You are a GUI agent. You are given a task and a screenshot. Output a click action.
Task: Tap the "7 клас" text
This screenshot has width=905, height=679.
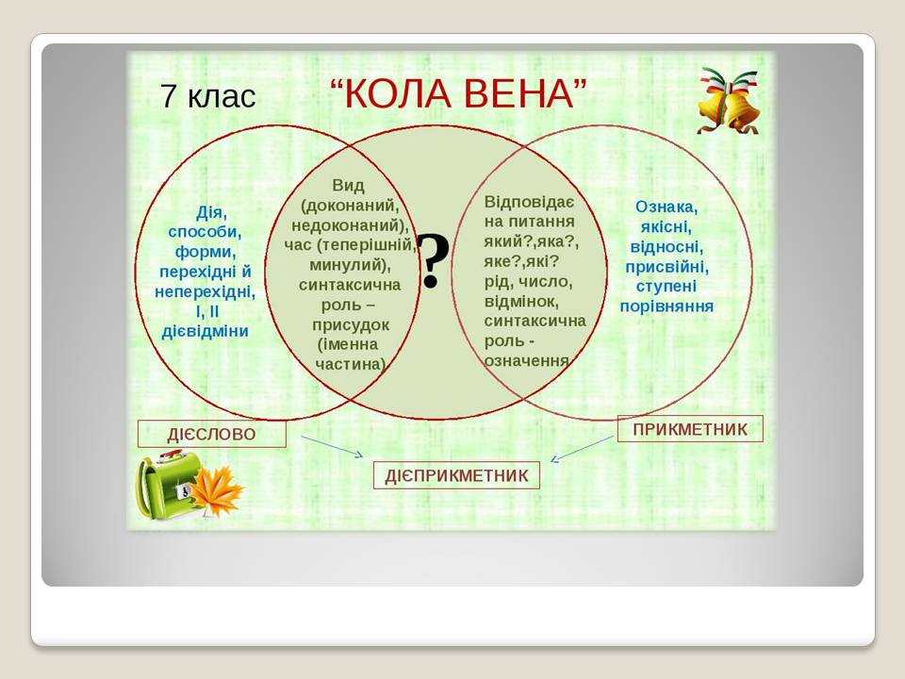point(208,96)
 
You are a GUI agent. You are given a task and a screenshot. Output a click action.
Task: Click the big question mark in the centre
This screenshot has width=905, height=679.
point(432,261)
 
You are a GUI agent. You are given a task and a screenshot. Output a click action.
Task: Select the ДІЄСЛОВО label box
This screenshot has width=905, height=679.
point(211,434)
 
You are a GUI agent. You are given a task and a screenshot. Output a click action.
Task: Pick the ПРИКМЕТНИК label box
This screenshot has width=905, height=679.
point(690,429)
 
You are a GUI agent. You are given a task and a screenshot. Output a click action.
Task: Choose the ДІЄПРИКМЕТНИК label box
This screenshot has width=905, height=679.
point(456,475)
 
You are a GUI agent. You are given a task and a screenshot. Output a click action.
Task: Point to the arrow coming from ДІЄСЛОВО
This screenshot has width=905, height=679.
point(332,446)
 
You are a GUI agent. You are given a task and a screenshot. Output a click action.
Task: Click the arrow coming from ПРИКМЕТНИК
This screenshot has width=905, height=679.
point(581,448)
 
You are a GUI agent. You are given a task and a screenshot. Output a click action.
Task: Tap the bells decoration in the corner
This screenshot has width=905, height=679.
point(728,102)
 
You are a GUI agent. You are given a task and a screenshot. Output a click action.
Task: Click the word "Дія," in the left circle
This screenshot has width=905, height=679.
point(211,212)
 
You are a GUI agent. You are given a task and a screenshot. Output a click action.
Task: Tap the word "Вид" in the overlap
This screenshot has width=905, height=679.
point(348,185)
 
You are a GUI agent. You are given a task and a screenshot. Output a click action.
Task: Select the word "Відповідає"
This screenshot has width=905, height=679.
point(529,202)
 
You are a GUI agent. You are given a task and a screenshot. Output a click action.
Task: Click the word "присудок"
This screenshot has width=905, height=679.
point(351,323)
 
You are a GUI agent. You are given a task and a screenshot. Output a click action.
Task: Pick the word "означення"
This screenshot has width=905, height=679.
point(527,360)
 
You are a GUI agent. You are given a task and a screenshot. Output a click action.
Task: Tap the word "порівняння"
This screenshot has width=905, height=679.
point(666,306)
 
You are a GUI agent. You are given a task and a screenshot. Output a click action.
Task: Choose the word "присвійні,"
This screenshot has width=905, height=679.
point(667,266)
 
